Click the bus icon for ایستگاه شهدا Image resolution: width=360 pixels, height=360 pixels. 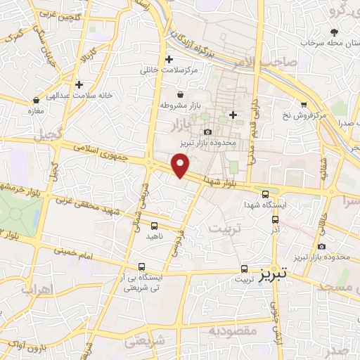pyautogui.click(x=266, y=195)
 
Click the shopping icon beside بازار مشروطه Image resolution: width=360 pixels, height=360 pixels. pyautogui.click(x=180, y=94)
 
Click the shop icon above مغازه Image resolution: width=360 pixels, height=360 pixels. pyautogui.click(x=36, y=99)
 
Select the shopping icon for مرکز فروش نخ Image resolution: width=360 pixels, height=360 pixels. pyautogui.click(x=303, y=103)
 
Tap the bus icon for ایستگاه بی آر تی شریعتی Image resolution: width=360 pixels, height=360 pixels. pyautogui.click(x=143, y=266)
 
